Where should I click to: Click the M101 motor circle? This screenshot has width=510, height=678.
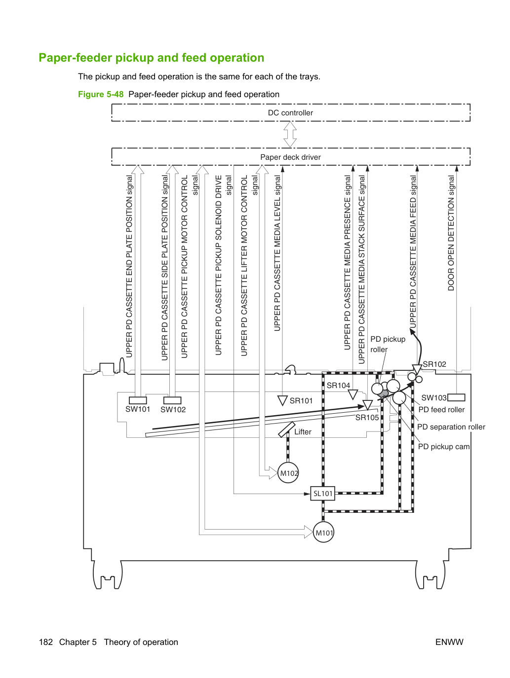tap(323, 532)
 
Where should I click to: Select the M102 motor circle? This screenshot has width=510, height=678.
tap(288, 472)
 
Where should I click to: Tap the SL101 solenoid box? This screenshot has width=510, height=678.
tap(322, 493)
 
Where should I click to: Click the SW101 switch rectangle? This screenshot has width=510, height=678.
tap(138, 400)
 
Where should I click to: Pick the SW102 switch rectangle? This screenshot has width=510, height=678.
tap(172, 400)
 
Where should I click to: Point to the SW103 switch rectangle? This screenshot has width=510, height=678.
tap(456, 397)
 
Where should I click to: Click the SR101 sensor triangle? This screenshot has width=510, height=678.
tap(282, 400)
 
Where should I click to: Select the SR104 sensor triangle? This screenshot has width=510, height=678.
tap(353, 394)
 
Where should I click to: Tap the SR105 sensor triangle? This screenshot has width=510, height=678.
tap(367, 405)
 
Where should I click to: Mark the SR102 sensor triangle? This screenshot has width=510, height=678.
tap(417, 369)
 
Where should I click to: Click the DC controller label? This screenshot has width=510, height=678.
tap(290, 113)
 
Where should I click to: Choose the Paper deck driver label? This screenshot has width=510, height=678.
tap(290, 157)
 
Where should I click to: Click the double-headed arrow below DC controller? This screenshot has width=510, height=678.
tap(290, 134)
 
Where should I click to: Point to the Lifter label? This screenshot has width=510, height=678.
tap(303, 431)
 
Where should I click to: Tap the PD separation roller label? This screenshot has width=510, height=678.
tap(451, 427)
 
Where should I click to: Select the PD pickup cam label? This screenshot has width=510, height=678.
tap(443, 447)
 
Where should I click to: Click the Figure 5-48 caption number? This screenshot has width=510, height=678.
tap(101, 94)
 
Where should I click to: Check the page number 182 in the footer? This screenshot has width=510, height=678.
tap(46, 642)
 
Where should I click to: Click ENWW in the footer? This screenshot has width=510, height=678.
tap(449, 642)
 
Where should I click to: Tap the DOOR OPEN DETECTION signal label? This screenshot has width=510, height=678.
tap(451, 233)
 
